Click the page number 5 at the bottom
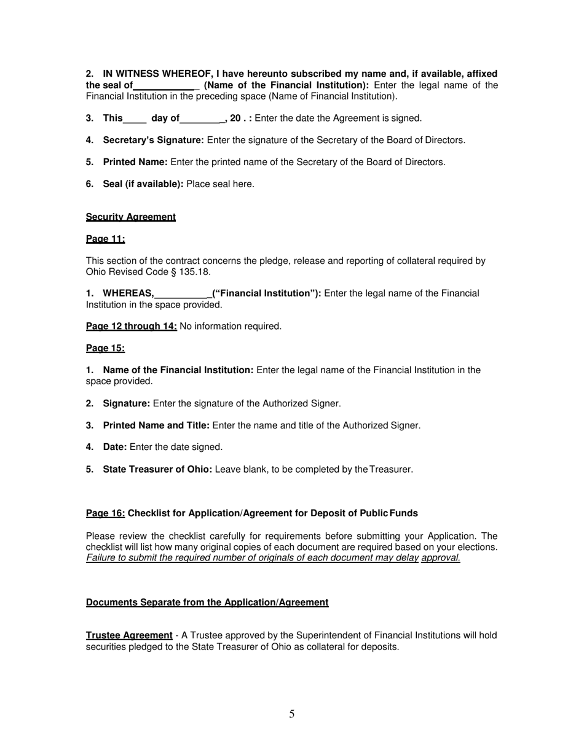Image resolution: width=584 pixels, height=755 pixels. coord(291,714)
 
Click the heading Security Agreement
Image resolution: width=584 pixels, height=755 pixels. coord(130,217)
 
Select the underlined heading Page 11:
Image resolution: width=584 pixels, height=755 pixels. coord(105,239)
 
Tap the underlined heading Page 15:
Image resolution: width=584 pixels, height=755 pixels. coord(105,348)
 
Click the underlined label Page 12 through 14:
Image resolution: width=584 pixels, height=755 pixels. coord(132,326)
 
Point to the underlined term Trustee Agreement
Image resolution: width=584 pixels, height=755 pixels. coord(129,635)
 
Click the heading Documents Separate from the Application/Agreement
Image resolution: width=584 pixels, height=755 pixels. coord(207,602)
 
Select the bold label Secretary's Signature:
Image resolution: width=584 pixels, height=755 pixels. coord(153,140)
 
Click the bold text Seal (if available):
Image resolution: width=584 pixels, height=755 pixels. coord(143,184)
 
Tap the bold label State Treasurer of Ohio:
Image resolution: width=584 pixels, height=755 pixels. coord(157,469)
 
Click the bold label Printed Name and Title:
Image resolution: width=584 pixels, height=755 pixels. coord(156,425)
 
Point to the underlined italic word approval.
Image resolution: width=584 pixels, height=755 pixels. coord(441,557)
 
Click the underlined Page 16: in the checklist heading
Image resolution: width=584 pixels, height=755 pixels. coord(105,513)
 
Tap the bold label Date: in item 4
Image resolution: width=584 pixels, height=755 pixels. coord(115,447)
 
